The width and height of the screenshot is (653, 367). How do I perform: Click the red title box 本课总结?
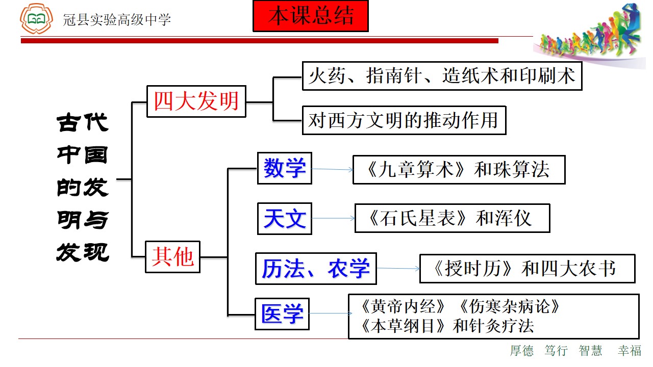point(311,16)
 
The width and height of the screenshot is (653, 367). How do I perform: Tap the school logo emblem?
point(36,18)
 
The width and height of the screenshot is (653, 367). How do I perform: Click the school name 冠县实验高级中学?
point(117,20)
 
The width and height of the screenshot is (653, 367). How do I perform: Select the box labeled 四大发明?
point(196,101)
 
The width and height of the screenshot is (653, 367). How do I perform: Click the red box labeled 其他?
point(172,257)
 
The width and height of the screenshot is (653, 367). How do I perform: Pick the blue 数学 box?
point(285,168)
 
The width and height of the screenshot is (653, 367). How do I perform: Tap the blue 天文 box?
point(285,219)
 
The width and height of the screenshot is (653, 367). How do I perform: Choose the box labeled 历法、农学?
point(316,269)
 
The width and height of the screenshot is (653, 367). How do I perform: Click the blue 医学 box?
point(282,314)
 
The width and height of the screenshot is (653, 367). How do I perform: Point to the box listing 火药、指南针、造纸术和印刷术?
point(442,76)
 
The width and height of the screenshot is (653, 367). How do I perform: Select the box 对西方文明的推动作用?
point(404,120)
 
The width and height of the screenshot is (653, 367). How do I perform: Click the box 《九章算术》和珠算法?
point(459,170)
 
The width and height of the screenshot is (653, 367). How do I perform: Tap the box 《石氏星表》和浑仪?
point(452,218)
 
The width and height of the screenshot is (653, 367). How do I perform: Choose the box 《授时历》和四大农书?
point(527,269)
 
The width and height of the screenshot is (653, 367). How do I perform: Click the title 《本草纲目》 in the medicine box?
point(403,326)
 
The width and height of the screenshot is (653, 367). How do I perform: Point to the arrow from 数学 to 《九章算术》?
point(332,169)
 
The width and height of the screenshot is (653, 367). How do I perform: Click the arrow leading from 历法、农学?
point(398,268)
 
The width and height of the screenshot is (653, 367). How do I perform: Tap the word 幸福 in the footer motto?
point(629,350)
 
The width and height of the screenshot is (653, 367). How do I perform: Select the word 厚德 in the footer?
point(522,350)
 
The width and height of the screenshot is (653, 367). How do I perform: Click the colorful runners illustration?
point(590,32)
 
